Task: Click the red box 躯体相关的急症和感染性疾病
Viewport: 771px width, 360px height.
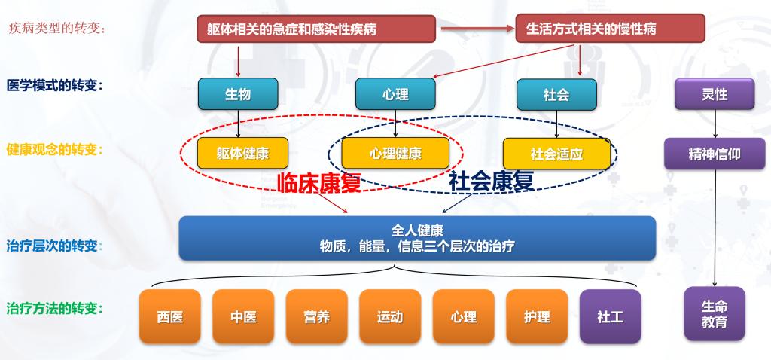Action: (x=316, y=29)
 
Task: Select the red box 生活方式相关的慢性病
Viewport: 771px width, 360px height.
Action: (x=610, y=29)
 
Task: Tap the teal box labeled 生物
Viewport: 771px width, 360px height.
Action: (x=238, y=94)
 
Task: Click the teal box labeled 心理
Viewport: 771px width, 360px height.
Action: (x=395, y=94)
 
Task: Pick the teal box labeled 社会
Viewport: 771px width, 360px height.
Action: (x=556, y=94)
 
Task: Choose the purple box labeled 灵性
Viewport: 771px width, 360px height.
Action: (x=715, y=94)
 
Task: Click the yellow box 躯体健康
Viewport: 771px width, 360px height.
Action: (x=243, y=154)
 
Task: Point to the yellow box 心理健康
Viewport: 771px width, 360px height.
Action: (x=395, y=154)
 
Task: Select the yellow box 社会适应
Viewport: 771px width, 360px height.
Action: (x=556, y=154)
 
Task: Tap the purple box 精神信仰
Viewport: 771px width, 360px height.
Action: (x=715, y=154)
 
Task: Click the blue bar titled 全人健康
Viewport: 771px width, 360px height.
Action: (x=417, y=238)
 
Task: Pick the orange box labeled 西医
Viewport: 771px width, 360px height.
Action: (x=170, y=316)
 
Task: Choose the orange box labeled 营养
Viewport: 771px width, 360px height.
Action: (x=317, y=316)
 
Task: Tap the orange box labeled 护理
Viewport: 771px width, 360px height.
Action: (x=537, y=316)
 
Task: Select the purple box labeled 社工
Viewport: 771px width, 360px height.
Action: (x=611, y=316)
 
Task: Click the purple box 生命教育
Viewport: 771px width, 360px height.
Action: (x=715, y=314)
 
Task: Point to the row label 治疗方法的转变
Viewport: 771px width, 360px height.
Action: (x=54, y=309)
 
